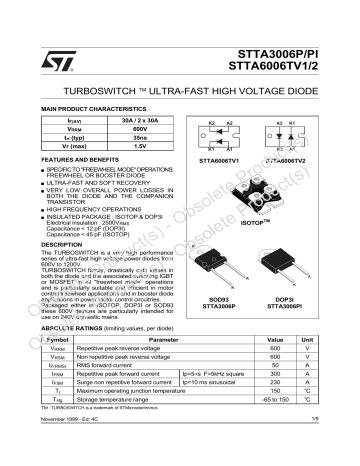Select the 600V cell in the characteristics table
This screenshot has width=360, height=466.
click(x=141, y=129)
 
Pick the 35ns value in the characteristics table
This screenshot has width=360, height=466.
click(x=141, y=137)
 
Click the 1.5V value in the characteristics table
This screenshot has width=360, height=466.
click(x=141, y=146)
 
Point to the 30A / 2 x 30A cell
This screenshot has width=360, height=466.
click(x=141, y=120)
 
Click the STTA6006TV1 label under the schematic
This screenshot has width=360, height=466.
click(x=220, y=160)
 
